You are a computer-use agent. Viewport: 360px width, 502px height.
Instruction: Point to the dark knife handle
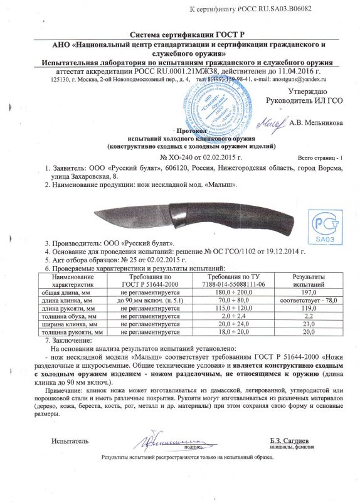pyautogui.click(x=251, y=220)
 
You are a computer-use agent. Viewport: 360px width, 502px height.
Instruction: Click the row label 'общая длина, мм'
pyautogui.click(x=73, y=292)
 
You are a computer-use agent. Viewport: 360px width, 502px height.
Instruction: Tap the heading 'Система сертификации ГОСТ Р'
pyautogui.click(x=179, y=36)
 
